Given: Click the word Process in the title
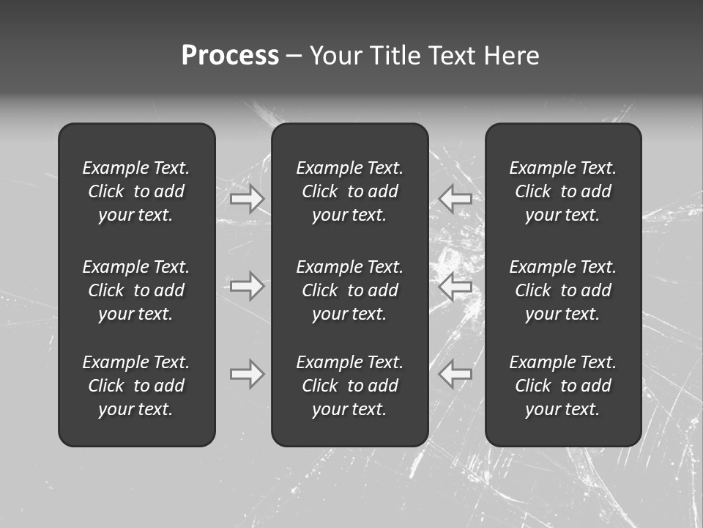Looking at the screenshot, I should click(230, 56).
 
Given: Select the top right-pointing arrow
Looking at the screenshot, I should click(247, 199).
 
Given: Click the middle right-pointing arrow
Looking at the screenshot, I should click(247, 286).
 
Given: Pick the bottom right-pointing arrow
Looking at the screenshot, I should click(247, 374).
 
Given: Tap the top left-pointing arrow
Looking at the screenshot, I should click(455, 199).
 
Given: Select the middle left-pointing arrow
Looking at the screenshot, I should click(455, 286).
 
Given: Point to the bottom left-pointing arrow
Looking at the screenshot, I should click(455, 374).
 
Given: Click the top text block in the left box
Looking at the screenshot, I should click(136, 191).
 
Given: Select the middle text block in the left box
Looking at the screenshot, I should click(136, 290).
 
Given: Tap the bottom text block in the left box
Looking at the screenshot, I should click(136, 386).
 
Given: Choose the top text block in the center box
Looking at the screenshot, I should click(349, 191).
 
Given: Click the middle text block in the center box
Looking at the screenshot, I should click(349, 290).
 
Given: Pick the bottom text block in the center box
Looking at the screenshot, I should click(349, 386).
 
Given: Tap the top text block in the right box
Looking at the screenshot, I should click(563, 191).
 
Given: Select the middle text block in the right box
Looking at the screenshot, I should click(563, 290).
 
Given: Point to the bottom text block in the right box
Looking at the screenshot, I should click(563, 386).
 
